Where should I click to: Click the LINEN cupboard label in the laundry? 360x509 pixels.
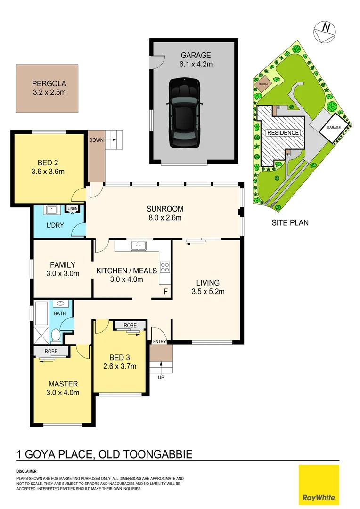point(73,209)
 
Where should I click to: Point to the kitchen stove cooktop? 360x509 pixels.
point(165,267)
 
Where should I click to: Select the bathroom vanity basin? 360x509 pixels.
point(60,304)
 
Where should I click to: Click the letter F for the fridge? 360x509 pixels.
point(165,292)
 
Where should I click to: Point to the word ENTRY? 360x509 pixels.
point(160,341)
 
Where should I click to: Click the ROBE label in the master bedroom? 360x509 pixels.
point(51,352)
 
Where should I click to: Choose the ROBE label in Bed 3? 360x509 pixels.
point(130,326)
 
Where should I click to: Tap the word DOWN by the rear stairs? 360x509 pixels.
point(96,140)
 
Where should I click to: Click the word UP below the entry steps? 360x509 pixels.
point(161,378)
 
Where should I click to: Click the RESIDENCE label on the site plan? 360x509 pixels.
point(283,133)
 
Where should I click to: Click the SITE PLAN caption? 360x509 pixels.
point(290,222)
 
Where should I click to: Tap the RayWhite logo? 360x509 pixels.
point(319,484)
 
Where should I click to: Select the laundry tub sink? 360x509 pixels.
point(50,210)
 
